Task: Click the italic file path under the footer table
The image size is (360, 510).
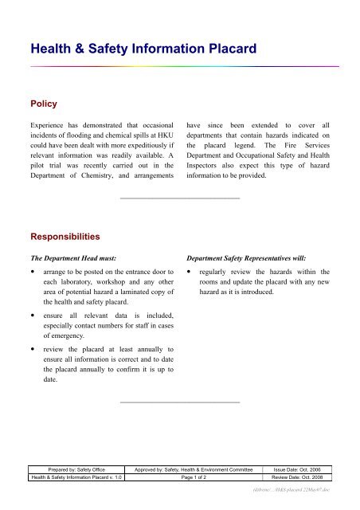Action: tap(295, 490)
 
